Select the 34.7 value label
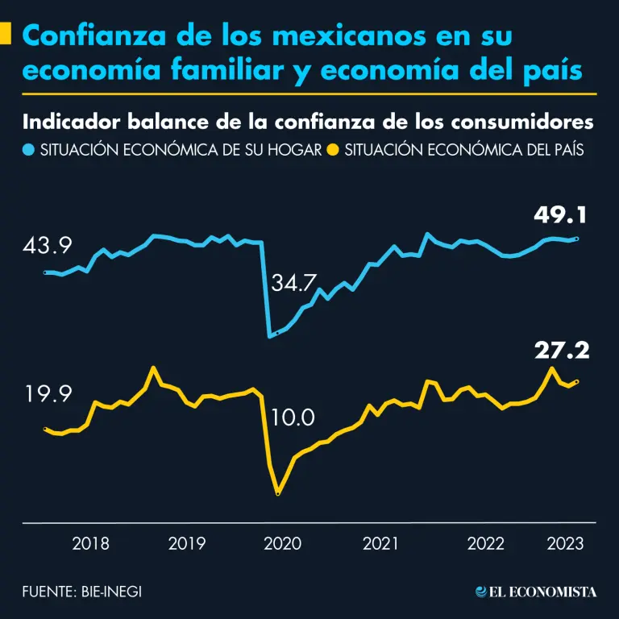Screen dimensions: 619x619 pos(294,284)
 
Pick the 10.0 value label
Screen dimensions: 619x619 pos(293,418)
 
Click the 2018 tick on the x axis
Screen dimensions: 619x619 pos(91,543)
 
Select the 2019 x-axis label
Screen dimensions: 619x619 pos(187,543)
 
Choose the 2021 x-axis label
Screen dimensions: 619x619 pos(380,543)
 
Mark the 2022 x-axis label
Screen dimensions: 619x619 pos(487,543)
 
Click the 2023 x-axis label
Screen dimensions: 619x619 pos(565,543)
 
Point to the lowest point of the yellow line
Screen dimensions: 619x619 pos(278,492)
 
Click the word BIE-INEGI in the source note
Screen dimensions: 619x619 pos(117,592)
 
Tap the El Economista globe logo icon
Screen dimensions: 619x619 pos(483,592)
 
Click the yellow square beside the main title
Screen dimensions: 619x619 pos(6,35)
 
